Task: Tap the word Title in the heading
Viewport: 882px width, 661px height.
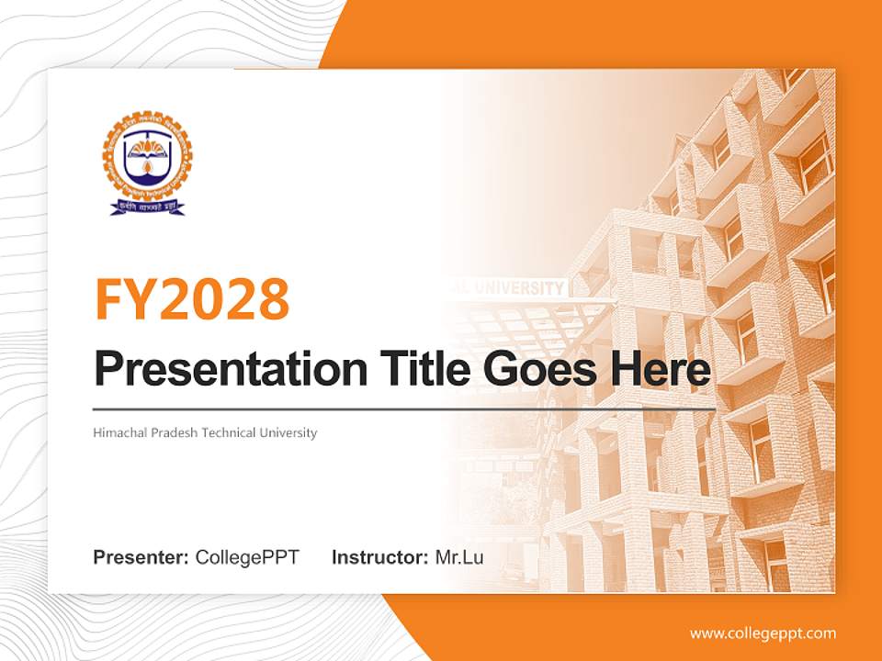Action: pos(418,369)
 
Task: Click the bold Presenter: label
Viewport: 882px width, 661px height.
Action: pos(141,557)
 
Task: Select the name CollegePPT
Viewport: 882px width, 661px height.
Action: pos(247,557)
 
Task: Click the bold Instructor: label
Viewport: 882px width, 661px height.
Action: pos(379,557)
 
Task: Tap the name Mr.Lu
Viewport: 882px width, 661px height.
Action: pos(458,557)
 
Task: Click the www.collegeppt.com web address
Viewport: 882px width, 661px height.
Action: pos(763,633)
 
